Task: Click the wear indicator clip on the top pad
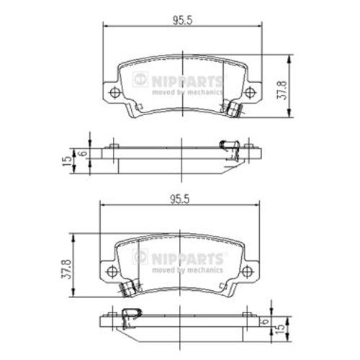(x=233, y=109)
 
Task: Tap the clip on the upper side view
(x=232, y=148)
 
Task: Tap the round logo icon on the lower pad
(x=141, y=256)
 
